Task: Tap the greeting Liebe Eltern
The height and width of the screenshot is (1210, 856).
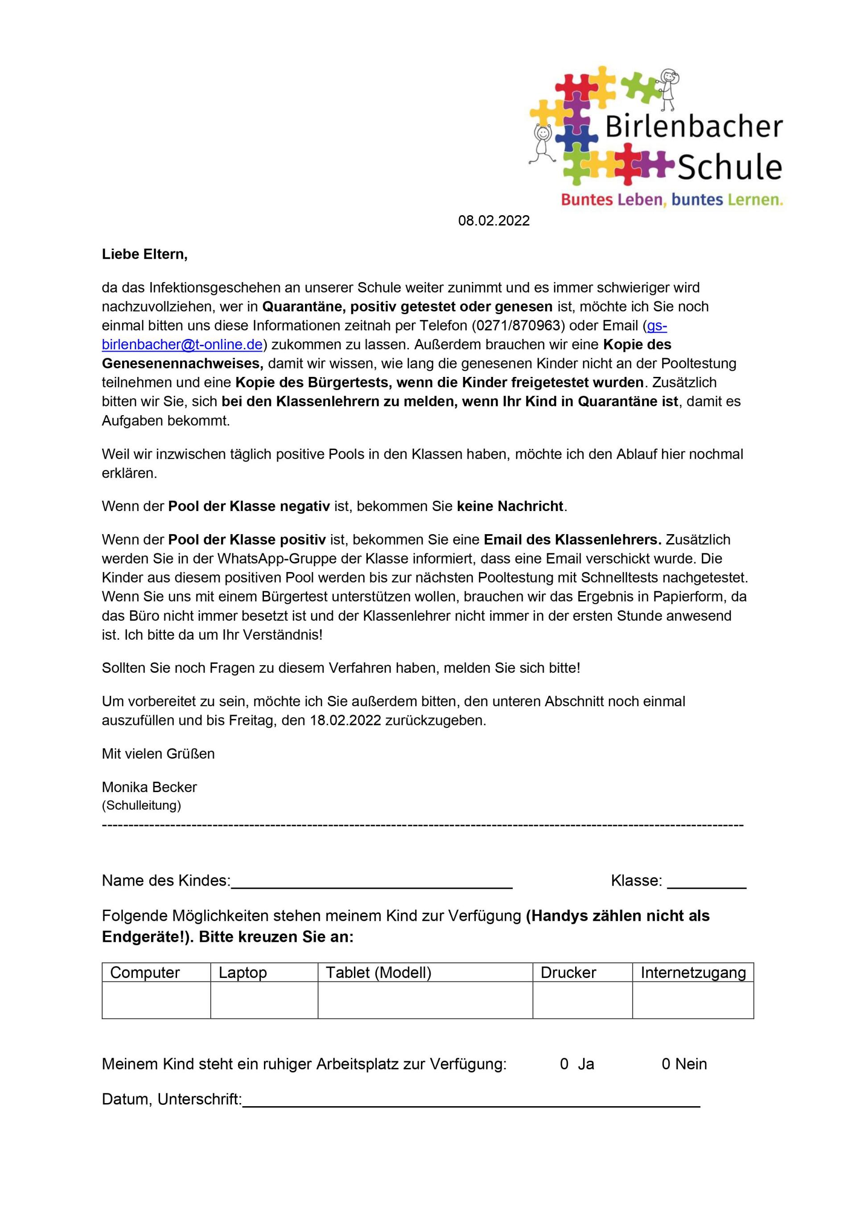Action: pos(144,254)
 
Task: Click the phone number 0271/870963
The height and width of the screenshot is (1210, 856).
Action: pos(515,326)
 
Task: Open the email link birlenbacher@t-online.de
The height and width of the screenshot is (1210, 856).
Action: pos(182,345)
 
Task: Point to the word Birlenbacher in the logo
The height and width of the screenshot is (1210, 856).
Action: pos(693,127)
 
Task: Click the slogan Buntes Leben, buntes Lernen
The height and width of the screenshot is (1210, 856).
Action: pos(671,200)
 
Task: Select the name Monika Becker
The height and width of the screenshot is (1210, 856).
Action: pos(149,787)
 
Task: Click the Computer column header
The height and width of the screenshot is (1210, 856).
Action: pos(145,972)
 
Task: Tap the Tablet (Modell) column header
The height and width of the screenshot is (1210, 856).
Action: pos(378,972)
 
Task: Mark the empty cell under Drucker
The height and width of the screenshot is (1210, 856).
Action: pos(582,1000)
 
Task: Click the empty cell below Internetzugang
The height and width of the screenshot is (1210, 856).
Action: pos(692,1000)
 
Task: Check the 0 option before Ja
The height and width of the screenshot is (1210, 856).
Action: pos(564,1064)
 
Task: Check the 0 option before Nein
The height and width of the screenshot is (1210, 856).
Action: pos(666,1064)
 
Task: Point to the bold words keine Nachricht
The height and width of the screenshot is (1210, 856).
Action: pos(510,506)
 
